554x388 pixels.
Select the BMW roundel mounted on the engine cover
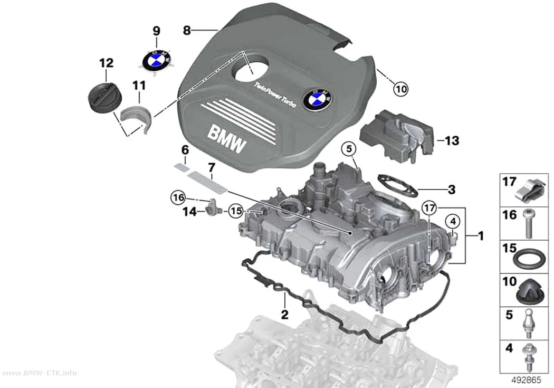tap(317, 99)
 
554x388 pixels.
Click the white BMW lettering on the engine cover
tap(226, 139)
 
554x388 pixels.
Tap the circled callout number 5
tap(349, 149)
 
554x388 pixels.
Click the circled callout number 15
tap(236, 211)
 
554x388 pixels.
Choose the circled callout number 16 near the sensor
tap(178, 197)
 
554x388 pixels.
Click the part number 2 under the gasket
tap(284, 314)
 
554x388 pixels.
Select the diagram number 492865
tap(526, 380)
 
